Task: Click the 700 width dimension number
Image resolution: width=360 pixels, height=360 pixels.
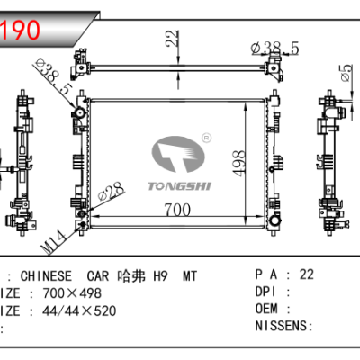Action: (179, 210)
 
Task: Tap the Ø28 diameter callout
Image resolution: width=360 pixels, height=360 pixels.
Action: (110, 193)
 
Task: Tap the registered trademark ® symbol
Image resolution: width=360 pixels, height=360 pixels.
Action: (206, 138)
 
